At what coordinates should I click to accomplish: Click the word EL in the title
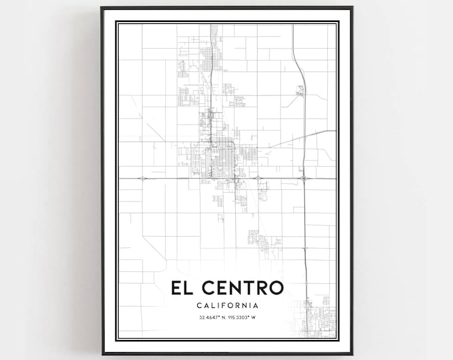(183, 289)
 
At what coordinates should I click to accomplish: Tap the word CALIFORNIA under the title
(226, 305)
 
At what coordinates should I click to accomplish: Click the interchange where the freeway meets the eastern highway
(304, 178)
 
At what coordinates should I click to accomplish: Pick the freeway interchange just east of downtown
(257, 178)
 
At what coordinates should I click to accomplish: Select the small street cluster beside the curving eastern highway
(300, 89)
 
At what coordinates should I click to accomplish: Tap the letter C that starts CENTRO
(207, 289)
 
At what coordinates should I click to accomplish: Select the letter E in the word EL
(177, 289)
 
